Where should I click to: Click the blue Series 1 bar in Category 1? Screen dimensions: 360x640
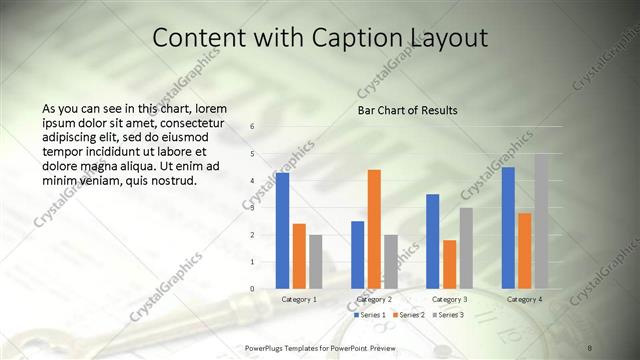pyautogui.click(x=283, y=230)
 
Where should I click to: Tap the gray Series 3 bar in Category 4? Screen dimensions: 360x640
pyautogui.click(x=540, y=220)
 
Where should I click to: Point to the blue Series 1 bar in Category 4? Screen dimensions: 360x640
pyautogui.click(x=508, y=227)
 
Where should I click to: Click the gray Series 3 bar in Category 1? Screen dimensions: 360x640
pyautogui.click(x=315, y=261)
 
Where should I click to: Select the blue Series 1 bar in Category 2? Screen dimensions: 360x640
pyautogui.click(x=358, y=254)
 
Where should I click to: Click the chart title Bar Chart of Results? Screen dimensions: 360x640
pyautogui.click(x=407, y=110)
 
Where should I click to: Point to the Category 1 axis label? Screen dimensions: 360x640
pyautogui.click(x=299, y=299)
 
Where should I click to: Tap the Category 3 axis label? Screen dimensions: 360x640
pyautogui.click(x=449, y=299)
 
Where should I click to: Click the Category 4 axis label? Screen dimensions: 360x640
pyautogui.click(x=524, y=299)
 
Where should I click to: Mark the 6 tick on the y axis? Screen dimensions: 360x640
pyautogui.click(x=252, y=127)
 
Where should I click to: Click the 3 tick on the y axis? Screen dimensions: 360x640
pyautogui.click(x=252, y=208)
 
